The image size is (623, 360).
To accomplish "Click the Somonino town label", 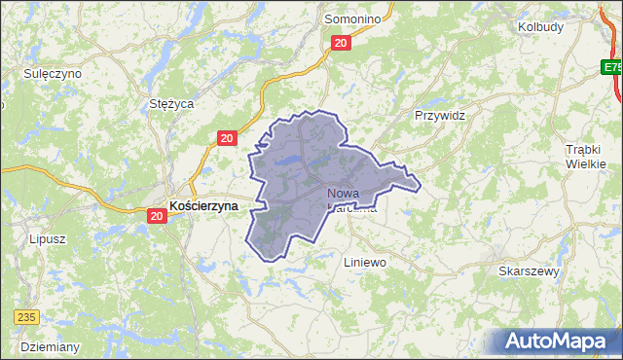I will point(353,18).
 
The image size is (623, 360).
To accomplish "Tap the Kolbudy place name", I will point(540,26).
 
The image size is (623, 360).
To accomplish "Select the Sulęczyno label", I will point(53,73).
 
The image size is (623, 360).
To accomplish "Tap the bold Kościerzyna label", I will point(203,206).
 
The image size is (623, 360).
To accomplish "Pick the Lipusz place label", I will point(47,238).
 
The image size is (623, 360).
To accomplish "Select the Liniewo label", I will point(366,263).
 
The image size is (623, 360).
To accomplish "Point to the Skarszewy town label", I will point(529,271).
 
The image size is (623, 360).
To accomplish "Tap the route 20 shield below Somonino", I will point(340,43).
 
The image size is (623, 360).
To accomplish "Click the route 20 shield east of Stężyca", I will point(226,139).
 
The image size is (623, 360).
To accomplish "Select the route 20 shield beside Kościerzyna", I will point(156,216).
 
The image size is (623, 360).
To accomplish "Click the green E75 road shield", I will point(611,68).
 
